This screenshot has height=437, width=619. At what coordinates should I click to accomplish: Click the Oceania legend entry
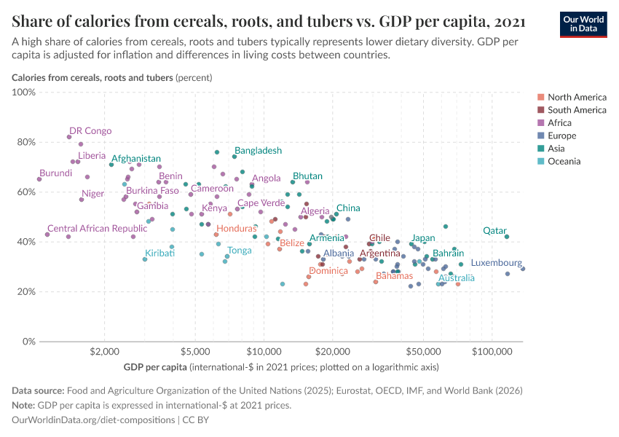pos(564,161)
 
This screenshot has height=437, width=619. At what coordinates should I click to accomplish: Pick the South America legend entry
pos(576,110)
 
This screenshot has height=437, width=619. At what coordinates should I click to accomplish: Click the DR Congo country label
pos(90,131)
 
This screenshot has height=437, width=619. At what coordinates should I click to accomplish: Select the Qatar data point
pos(507,236)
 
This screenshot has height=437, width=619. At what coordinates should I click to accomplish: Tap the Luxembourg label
pos(496,263)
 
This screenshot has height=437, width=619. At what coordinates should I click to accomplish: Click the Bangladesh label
pos(258,151)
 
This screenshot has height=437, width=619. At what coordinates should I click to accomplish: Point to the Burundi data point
pos(39,179)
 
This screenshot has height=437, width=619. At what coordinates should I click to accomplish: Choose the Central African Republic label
pos(92,229)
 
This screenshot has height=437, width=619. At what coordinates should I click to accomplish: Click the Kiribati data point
pos(145,259)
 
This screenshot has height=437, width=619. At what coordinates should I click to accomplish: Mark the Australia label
pos(457,277)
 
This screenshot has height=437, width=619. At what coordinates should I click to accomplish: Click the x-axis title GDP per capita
pos(156,366)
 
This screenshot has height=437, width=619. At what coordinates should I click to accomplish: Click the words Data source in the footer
pos(39,391)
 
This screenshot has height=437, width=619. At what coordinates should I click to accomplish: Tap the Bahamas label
pos(394,276)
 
